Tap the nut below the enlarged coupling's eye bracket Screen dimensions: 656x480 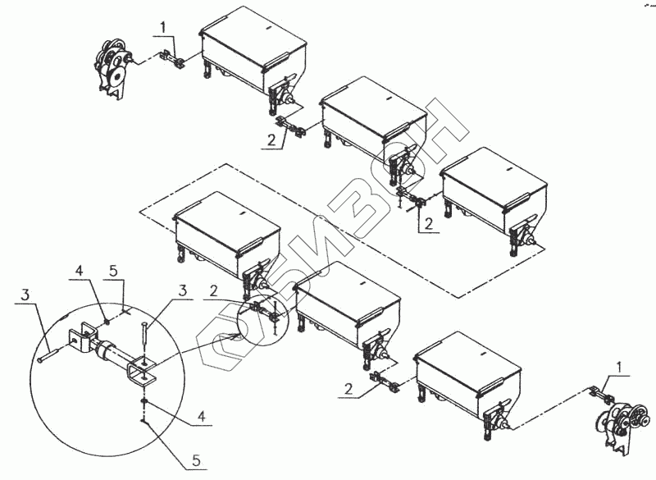coord(144,400)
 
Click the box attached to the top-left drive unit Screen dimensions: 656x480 coord(254,51)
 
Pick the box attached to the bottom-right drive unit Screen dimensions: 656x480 coord(467,373)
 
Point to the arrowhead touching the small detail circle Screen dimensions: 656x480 coord(239,335)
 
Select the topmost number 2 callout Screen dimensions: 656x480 coord(271,141)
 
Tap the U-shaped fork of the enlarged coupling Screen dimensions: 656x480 coord(80,339)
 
